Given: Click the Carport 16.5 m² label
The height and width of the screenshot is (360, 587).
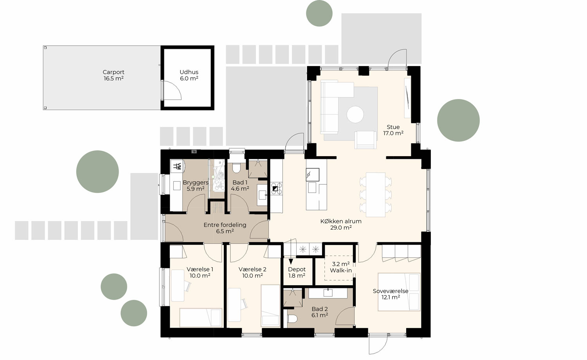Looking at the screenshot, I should [x=113, y=75].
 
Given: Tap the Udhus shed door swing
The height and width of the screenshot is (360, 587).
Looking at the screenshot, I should [x=172, y=90].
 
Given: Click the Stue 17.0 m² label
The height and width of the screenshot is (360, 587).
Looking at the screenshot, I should [x=393, y=130].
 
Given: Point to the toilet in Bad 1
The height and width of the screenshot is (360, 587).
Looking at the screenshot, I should [x=236, y=168].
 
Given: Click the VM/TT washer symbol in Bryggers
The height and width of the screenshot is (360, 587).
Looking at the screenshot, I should [x=177, y=166].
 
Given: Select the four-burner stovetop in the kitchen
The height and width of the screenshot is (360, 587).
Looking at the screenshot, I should [x=276, y=189].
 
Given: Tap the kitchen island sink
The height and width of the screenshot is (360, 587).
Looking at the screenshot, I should [x=312, y=173].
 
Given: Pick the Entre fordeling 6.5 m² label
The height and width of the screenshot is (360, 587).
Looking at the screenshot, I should [x=225, y=228].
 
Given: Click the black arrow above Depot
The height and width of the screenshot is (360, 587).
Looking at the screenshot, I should [x=291, y=262].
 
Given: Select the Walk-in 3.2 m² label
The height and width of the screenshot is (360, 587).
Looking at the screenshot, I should [x=340, y=267].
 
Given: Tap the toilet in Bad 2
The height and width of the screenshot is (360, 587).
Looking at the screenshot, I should [x=293, y=320].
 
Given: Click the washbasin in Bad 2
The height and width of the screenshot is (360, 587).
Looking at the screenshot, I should [x=328, y=293].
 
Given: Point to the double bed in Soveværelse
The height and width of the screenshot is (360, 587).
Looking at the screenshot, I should [x=399, y=292].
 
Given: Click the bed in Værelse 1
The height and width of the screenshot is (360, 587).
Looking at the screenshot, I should [x=200, y=317].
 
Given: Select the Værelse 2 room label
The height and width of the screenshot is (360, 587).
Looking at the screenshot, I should [x=252, y=272].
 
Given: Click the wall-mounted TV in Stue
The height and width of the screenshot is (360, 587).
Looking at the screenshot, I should [x=407, y=98].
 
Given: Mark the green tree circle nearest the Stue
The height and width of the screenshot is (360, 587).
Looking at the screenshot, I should [x=458, y=120].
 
